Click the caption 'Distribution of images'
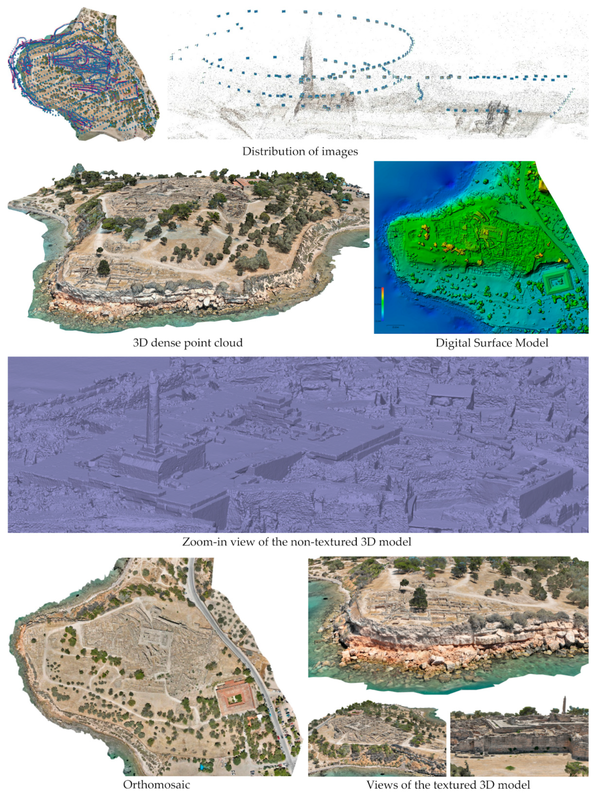coord(300,151)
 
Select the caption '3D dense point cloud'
coord(188,342)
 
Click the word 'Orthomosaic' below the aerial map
coord(156,785)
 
